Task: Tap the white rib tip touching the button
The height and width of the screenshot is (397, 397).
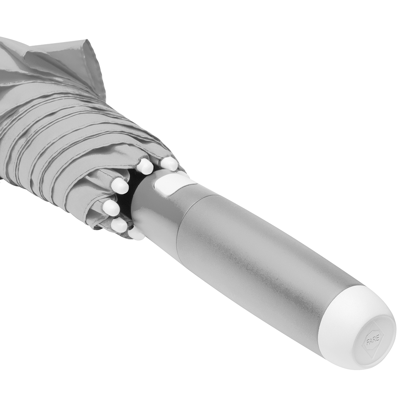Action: click(169, 164)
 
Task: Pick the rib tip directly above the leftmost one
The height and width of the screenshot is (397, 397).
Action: click(120, 186)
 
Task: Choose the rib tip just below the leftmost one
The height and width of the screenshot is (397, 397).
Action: click(119, 225)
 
